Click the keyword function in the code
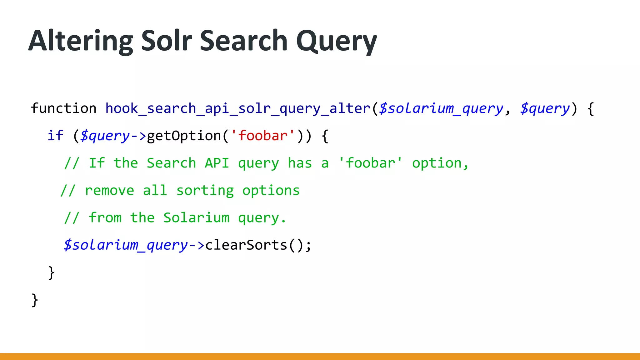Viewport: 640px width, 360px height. point(63,108)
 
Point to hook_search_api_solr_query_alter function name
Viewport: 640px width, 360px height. point(238,109)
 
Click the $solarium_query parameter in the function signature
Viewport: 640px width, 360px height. point(441,109)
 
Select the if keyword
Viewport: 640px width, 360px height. point(55,136)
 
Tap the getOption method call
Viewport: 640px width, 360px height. point(184,136)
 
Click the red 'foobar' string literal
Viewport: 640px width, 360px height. point(262,136)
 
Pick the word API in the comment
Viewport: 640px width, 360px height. point(217,163)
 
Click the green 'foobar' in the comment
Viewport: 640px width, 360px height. point(371,163)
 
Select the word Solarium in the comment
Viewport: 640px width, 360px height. point(196,218)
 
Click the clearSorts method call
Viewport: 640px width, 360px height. point(246,245)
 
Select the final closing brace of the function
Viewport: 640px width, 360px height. point(35,300)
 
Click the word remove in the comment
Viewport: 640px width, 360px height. point(109,191)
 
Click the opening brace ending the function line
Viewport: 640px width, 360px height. point(590,109)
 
